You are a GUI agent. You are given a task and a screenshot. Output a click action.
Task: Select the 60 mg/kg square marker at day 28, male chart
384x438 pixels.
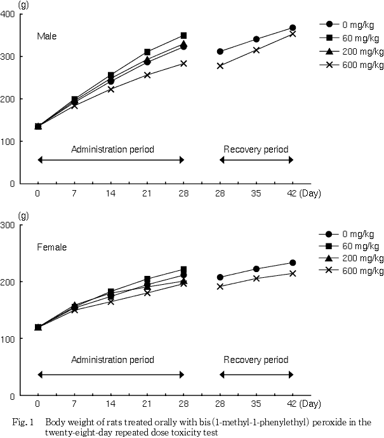[183, 36]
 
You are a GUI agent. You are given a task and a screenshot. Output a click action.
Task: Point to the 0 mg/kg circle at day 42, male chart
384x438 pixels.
[293, 28]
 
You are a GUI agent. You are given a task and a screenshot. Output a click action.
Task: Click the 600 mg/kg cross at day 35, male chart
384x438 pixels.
[256, 50]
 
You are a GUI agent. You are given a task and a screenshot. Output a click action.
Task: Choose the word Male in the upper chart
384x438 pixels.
[46, 36]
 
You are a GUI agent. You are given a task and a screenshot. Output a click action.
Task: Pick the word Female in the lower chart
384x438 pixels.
[51, 247]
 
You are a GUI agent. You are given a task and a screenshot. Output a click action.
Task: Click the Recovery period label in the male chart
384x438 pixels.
[256, 149]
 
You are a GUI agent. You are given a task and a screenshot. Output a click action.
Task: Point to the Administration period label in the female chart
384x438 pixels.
[112, 360]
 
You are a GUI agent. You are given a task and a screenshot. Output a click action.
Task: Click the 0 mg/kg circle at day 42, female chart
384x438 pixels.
[293, 263]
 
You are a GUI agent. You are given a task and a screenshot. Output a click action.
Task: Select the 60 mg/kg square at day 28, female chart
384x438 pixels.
[183, 270]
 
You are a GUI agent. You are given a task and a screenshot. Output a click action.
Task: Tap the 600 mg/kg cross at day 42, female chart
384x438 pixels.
[293, 273]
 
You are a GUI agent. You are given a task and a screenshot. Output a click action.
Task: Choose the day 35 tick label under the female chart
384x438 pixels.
[256, 404]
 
